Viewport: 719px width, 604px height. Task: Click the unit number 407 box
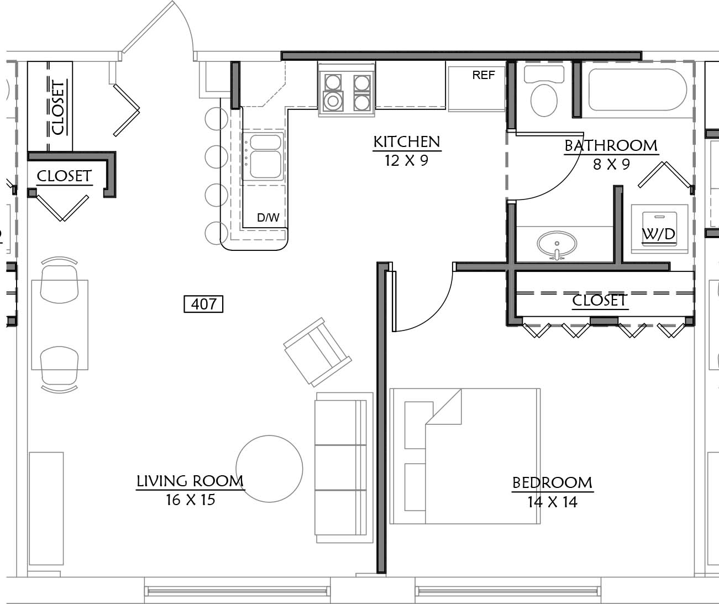point(203,304)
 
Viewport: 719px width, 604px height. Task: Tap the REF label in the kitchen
point(484,75)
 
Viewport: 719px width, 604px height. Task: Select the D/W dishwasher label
point(268,217)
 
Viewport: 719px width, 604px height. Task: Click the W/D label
point(659,234)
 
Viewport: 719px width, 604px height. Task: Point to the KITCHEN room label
point(407,142)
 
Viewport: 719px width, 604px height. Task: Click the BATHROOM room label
point(611,146)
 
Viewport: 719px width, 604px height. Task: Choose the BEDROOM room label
point(552,483)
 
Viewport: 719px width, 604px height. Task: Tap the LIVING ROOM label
point(190,481)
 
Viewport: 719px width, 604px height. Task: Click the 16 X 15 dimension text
point(191,500)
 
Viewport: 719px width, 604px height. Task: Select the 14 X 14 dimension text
point(552,502)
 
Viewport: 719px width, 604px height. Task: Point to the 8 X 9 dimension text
point(611,164)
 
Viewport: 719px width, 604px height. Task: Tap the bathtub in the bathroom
point(638,90)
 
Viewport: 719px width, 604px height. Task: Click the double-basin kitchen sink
point(264,157)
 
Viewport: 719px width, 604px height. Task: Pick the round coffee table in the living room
point(269,469)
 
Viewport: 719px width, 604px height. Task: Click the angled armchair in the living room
point(317,352)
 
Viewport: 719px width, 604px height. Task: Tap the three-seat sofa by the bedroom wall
point(344,468)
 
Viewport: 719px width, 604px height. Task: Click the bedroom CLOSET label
point(599,300)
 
